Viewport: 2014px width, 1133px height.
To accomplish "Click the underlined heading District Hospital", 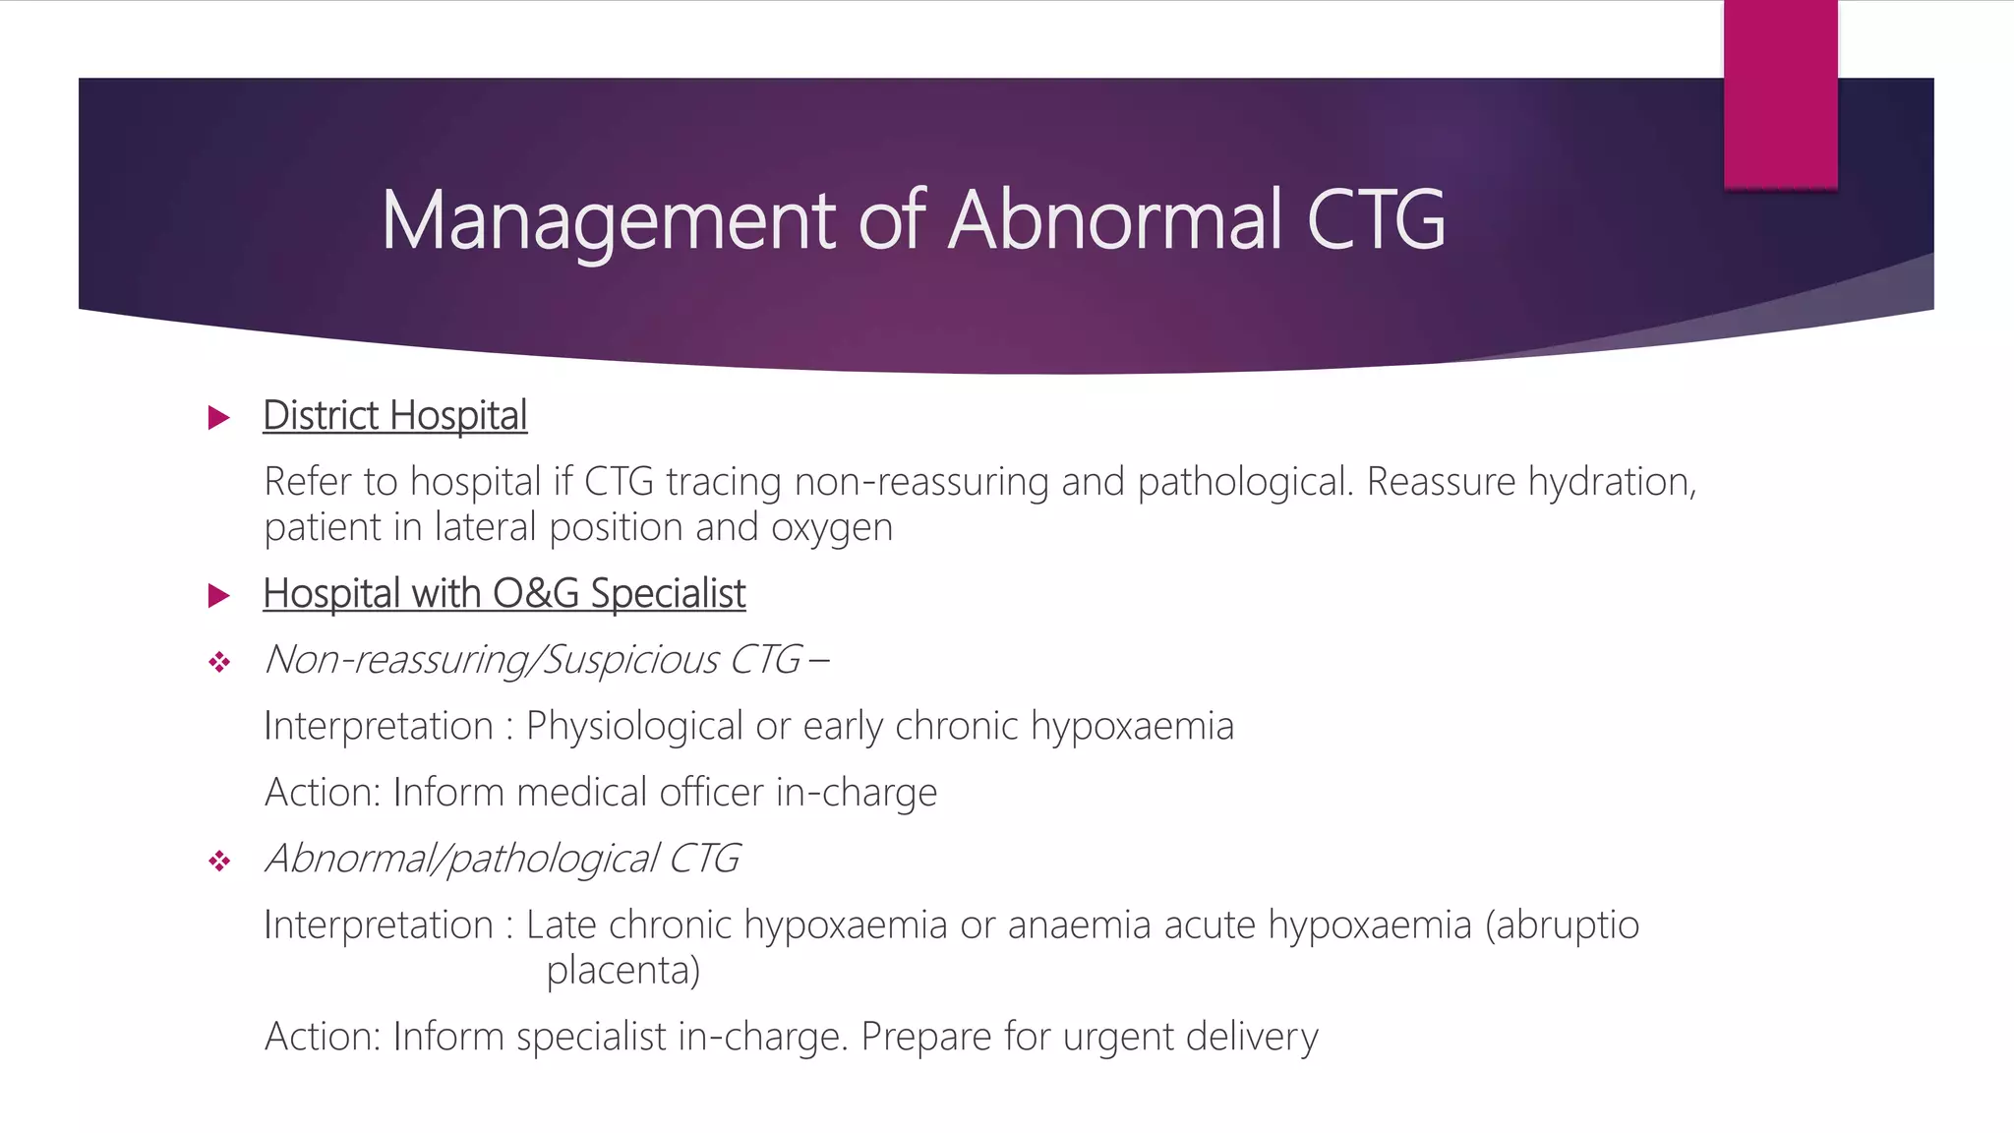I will pyautogui.click(x=395, y=416).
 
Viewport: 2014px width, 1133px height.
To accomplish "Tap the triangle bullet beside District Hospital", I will pyautogui.click(x=219, y=418).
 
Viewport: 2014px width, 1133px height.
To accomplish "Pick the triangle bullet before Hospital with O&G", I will pyautogui.click(x=219, y=595).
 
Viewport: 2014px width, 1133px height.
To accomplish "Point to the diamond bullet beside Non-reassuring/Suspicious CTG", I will pyautogui.click(x=219, y=663).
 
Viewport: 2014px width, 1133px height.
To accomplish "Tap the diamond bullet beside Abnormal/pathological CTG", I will pyautogui.click(x=219, y=863).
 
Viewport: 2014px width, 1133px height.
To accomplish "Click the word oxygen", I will pyautogui.click(x=832, y=529).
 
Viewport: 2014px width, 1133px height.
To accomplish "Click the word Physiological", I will pyautogui.click(x=634, y=727).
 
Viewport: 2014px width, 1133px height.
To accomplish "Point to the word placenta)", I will pyautogui.click(x=623, y=972).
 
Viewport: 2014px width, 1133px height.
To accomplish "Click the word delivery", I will pyautogui.click(x=1252, y=1038).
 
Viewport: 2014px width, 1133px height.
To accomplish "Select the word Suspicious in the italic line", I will pyautogui.click(x=631, y=660).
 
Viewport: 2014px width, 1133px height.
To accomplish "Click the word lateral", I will pyautogui.click(x=486, y=528).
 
